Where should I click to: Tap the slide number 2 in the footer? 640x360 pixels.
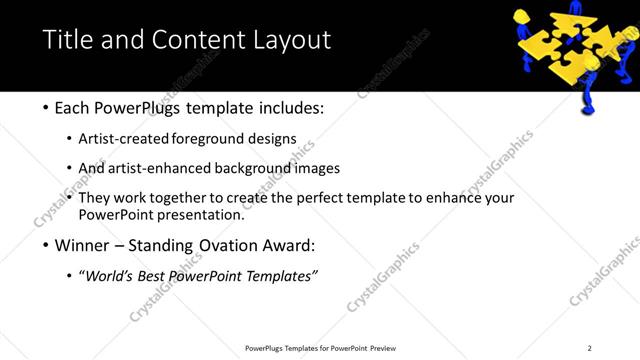tap(589, 348)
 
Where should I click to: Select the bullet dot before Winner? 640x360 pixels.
tap(46, 245)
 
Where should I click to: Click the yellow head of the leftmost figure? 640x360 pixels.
tap(523, 15)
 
